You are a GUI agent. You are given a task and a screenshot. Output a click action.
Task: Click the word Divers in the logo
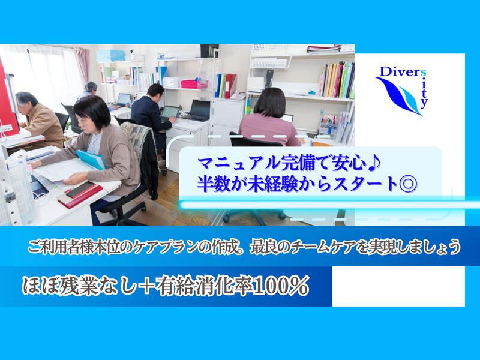[x=392, y=72]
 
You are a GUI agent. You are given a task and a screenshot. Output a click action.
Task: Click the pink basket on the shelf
[x=190, y=83]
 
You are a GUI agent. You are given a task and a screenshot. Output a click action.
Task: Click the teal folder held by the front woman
[x=90, y=159]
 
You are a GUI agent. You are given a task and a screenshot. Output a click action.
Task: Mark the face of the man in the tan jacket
[x=29, y=103]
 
